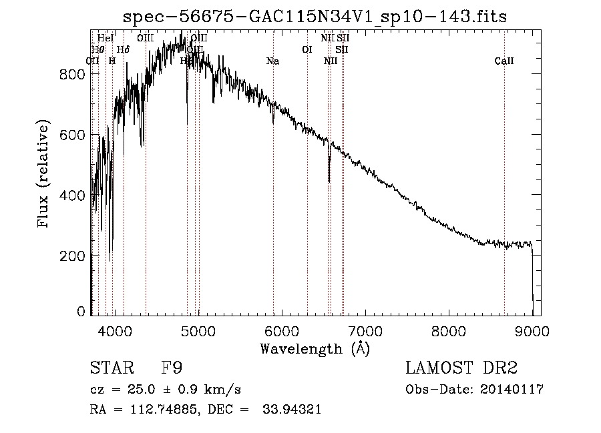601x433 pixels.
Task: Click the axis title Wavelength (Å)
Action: click(315, 348)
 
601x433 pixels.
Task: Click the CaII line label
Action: click(504, 61)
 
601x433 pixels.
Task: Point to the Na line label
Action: click(272, 61)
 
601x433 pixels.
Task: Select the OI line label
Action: click(307, 49)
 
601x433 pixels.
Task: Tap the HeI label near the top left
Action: click(106, 38)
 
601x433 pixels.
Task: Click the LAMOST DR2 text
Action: click(461, 369)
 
